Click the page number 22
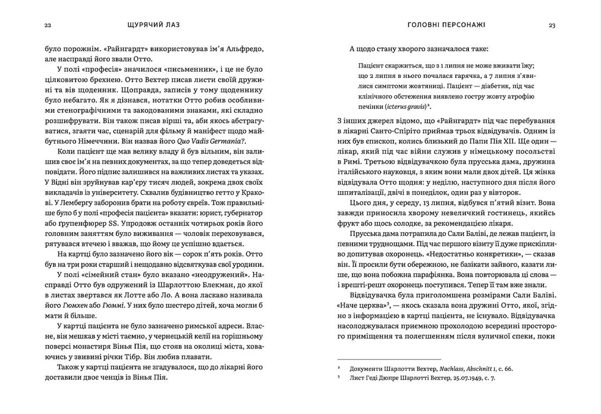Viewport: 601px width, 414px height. [x=48, y=25]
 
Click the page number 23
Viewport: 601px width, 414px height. [x=552, y=25]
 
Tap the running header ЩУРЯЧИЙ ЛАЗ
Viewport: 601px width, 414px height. [x=153, y=25]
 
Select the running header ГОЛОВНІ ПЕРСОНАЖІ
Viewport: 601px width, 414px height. [x=446, y=25]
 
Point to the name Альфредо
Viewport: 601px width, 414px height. [x=245, y=49]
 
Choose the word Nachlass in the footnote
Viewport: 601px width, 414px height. [x=455, y=369]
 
